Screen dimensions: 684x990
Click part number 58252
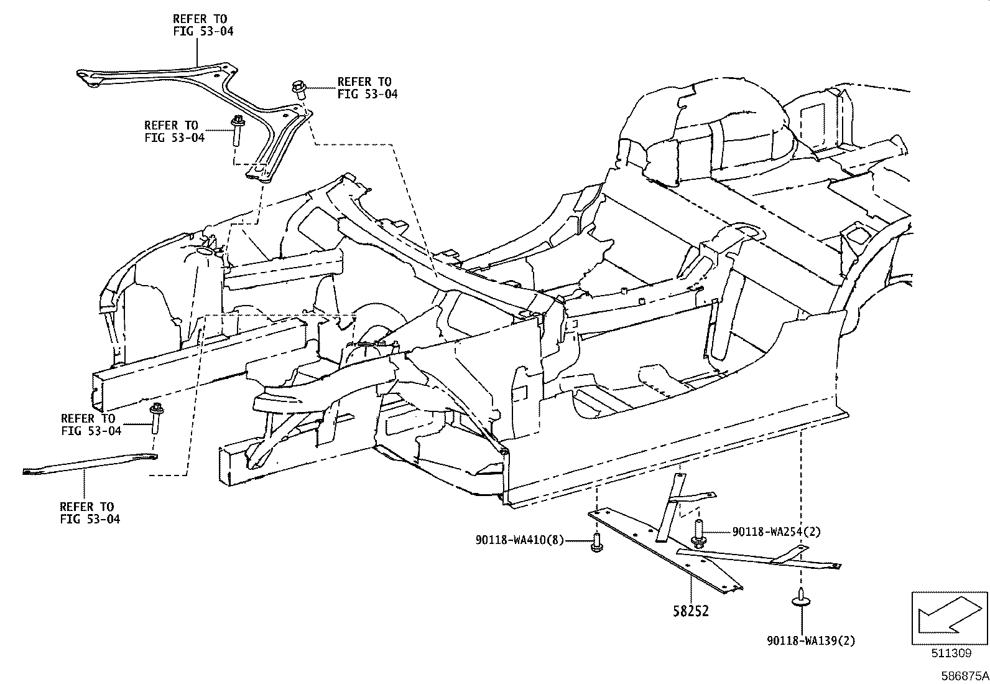(x=690, y=611)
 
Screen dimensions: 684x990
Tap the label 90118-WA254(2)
(x=776, y=532)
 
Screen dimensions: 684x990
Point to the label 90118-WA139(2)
(x=810, y=640)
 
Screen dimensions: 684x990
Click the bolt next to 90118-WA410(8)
(x=596, y=542)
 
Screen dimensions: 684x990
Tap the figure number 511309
(x=951, y=653)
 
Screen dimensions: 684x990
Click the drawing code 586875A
(x=964, y=675)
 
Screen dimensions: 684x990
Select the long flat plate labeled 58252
(x=659, y=548)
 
